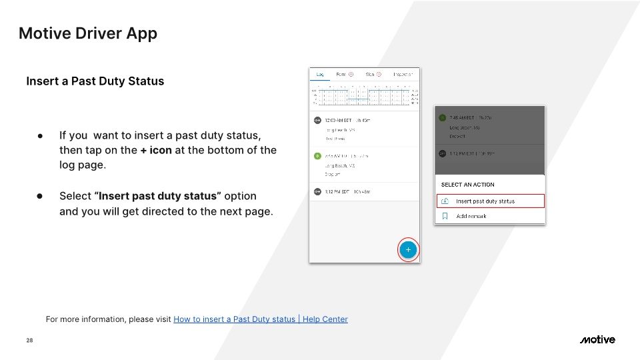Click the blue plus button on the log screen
pyautogui.click(x=408, y=250)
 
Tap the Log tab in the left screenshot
pyautogui.click(x=320, y=74)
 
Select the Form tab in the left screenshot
pyautogui.click(x=341, y=74)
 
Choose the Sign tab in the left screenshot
pyautogui.click(x=370, y=74)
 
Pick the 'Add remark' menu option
pyautogui.click(x=471, y=216)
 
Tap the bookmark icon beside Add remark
pyautogui.click(x=445, y=216)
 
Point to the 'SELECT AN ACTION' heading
pyautogui.click(x=468, y=185)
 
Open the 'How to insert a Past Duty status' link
pyautogui.click(x=260, y=319)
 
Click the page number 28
pyautogui.click(x=29, y=341)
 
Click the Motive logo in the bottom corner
pyautogui.click(x=597, y=340)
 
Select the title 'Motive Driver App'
pyautogui.click(x=88, y=33)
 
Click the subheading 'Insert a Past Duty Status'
pyautogui.click(x=95, y=81)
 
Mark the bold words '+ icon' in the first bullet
pyautogui.click(x=156, y=150)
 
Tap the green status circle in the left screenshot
pyautogui.click(x=317, y=156)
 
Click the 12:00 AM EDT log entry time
pyautogui.click(x=339, y=121)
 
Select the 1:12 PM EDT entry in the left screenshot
pyautogui.click(x=339, y=191)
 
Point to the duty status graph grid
pyautogui.click(x=364, y=96)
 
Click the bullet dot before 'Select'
pyautogui.click(x=40, y=196)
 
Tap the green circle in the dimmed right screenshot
pyautogui.click(x=441, y=117)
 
